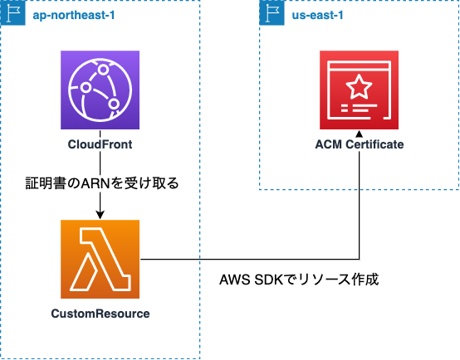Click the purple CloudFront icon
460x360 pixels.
(100, 90)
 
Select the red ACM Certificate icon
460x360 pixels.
(359, 90)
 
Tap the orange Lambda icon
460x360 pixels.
(100, 259)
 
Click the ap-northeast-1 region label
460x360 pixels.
(74, 15)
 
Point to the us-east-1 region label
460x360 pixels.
(317, 15)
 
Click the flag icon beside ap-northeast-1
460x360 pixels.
(13, 13)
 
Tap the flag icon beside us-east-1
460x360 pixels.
(272, 13)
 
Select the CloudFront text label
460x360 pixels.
(100, 144)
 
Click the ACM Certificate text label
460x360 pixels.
(360, 144)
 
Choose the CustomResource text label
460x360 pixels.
(100, 314)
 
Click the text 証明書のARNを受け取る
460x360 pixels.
(102, 183)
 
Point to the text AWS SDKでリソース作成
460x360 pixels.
(299, 280)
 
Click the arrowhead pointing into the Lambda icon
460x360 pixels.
(100, 215)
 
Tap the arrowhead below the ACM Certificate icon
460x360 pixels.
(359, 134)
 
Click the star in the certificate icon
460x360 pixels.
(359, 86)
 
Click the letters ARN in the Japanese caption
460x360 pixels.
(95, 184)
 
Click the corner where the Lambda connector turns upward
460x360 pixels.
(359, 259)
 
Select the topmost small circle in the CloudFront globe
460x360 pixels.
(103, 70)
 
